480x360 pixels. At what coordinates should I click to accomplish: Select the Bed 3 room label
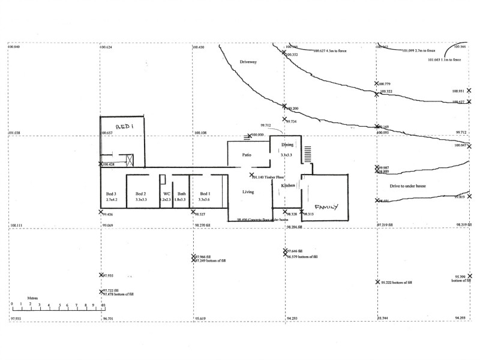pos(112,194)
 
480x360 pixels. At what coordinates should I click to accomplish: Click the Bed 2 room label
pos(141,194)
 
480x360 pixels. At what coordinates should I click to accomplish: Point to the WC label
pos(167,194)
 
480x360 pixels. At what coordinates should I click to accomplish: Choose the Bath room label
pos(181,194)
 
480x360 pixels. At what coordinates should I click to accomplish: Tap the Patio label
pos(246,155)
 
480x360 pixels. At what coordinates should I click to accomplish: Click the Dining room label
pos(287,145)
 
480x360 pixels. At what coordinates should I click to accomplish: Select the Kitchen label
pos(288,185)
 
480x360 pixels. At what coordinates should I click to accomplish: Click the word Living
pos(248,192)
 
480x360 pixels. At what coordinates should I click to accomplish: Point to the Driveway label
pos(248,62)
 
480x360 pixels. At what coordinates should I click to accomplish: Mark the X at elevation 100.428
pos(101,164)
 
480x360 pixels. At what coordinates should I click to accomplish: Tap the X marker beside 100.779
pos(377,84)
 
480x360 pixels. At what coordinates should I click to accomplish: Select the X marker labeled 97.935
pos(101,275)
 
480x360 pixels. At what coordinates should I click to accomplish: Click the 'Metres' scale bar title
pos(33,297)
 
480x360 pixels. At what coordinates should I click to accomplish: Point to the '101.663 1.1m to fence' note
pos(444,60)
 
